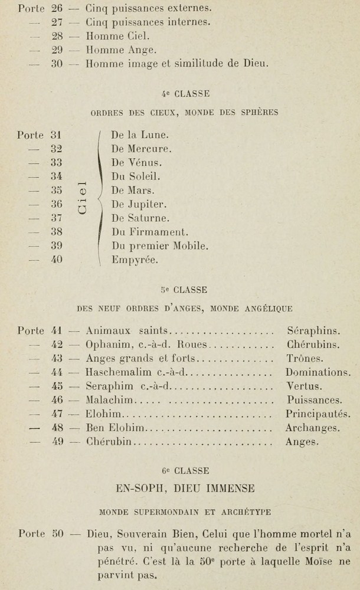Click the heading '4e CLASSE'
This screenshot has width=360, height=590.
[x=185, y=94]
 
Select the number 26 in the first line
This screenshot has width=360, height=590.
[x=57, y=9]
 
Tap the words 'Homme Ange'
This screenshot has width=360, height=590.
[x=120, y=50]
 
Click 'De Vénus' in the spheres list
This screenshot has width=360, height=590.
[x=136, y=162]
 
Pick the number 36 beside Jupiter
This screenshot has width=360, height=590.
[x=57, y=205]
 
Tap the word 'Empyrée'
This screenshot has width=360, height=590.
[x=135, y=260]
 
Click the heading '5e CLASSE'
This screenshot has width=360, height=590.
[x=184, y=290]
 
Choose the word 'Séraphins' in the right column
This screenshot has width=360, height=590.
[x=313, y=331]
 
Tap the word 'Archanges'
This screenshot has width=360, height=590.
[x=312, y=428]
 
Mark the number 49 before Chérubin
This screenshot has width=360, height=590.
[x=57, y=441]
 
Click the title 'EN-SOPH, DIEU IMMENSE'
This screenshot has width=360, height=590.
[x=185, y=489]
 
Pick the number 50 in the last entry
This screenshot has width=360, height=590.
[x=57, y=535]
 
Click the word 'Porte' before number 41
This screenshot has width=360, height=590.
[x=31, y=331]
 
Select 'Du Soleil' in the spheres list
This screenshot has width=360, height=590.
[x=135, y=176]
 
